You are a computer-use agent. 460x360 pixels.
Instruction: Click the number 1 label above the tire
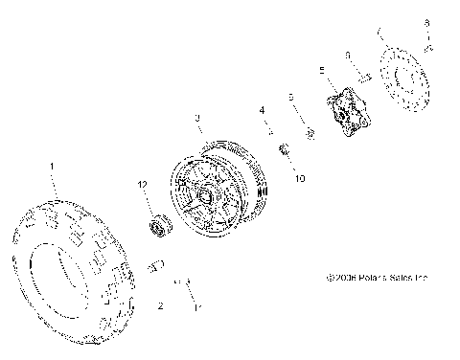(54, 166)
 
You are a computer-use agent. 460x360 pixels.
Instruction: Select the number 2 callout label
(160, 306)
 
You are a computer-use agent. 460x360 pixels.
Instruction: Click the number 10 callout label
(299, 178)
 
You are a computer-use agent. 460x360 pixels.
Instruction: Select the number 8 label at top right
(428, 22)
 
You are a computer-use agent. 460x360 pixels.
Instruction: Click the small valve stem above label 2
(159, 264)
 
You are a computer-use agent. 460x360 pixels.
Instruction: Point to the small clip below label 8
(428, 45)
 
